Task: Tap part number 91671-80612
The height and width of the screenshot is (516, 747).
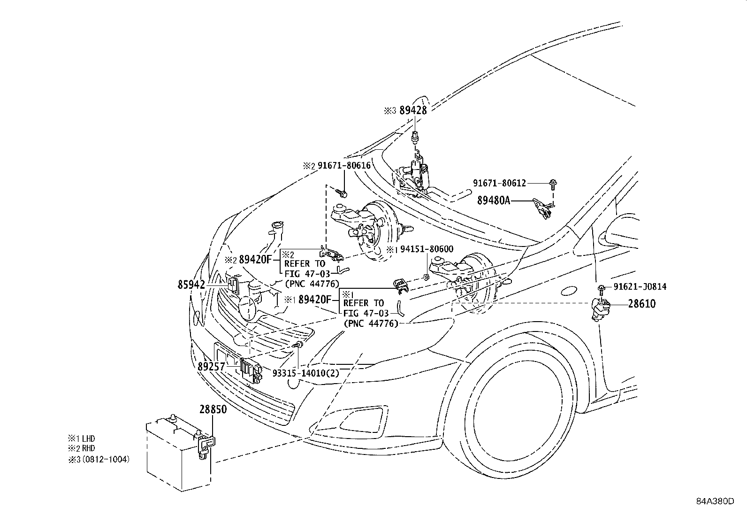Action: [x=499, y=183]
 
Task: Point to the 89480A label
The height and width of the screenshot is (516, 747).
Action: [x=494, y=200]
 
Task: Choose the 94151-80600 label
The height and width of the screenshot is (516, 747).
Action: [x=427, y=249]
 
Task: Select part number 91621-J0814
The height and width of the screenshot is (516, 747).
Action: [x=640, y=287]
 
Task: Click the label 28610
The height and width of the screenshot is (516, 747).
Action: [x=642, y=304]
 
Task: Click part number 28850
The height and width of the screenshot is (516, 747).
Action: [x=213, y=409]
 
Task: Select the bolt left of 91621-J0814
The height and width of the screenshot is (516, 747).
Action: [x=601, y=287]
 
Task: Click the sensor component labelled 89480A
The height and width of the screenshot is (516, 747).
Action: [x=542, y=208]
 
